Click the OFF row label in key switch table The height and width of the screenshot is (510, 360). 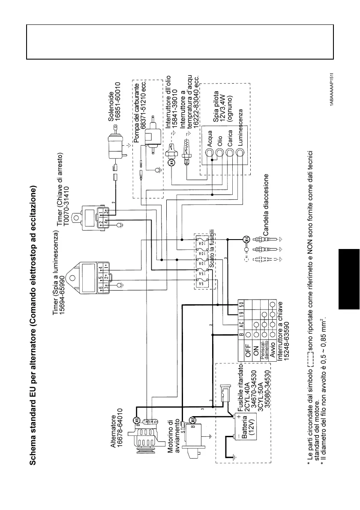[x=247, y=355]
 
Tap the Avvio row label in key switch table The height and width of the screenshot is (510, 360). [x=271, y=355]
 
